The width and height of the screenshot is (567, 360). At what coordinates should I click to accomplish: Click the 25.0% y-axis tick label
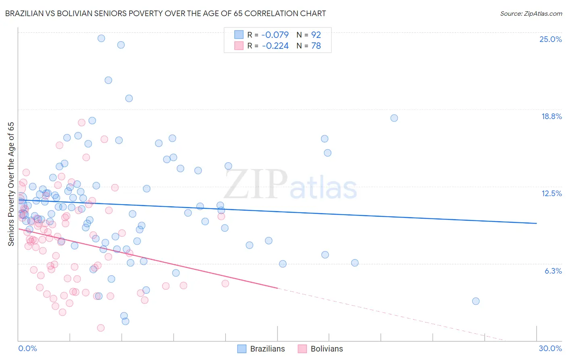[x=550, y=39]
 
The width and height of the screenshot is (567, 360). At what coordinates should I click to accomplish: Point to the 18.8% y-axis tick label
[x=551, y=116]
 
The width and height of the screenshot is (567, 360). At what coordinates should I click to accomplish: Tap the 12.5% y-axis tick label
[x=551, y=193]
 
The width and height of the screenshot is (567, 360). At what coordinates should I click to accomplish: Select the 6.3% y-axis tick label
[x=553, y=271]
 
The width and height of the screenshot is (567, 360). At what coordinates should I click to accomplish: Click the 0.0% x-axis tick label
[x=27, y=348]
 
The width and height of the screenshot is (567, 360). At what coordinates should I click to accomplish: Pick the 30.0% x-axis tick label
[x=550, y=348]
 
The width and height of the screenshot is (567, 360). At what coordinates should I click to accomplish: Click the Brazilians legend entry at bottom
[x=261, y=349]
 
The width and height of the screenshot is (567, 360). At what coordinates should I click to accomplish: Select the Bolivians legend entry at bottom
[x=320, y=349]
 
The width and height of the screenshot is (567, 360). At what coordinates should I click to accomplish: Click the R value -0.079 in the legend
[x=275, y=35]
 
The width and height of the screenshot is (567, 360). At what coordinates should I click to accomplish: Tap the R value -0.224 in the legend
[x=275, y=46]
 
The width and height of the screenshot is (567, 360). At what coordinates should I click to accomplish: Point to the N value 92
[x=316, y=35]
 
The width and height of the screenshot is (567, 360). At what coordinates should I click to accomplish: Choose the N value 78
[x=316, y=46]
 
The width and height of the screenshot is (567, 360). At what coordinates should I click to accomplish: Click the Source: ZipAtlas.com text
[x=531, y=14]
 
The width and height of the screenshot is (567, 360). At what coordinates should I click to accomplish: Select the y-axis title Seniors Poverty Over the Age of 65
[x=11, y=184]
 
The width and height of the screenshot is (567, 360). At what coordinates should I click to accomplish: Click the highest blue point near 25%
[x=101, y=38]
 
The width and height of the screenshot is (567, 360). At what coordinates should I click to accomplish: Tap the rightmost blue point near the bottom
[x=475, y=301]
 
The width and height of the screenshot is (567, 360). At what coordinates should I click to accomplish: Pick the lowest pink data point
[x=101, y=328]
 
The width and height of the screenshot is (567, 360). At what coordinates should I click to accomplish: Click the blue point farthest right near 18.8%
[x=394, y=118]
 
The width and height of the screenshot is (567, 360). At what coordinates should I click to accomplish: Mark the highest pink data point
[x=81, y=122]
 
